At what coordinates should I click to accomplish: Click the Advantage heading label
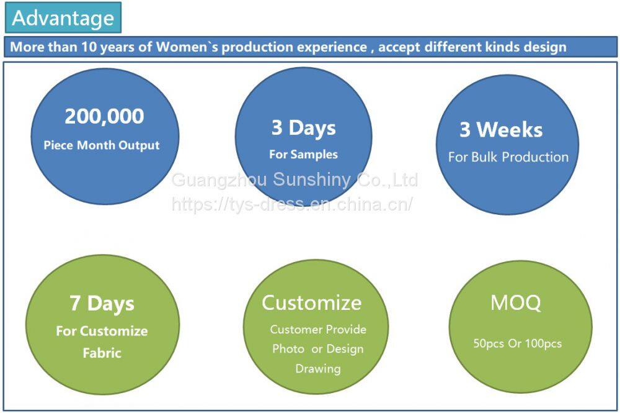(63, 18)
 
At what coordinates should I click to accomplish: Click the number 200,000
(104, 116)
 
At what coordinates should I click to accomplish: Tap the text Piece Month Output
(102, 145)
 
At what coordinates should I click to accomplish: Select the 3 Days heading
(304, 129)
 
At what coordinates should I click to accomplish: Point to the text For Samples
(304, 155)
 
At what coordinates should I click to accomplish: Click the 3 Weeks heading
(501, 129)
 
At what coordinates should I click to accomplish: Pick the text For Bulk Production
(508, 157)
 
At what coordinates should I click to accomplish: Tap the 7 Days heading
(102, 304)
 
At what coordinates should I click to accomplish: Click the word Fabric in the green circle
(102, 353)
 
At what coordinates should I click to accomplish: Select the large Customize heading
(312, 303)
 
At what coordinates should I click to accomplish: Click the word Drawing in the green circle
(318, 369)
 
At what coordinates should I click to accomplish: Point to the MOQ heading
(516, 303)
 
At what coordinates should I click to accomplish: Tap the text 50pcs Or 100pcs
(518, 343)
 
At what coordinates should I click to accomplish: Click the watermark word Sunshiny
(312, 179)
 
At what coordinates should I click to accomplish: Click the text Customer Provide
(318, 329)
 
